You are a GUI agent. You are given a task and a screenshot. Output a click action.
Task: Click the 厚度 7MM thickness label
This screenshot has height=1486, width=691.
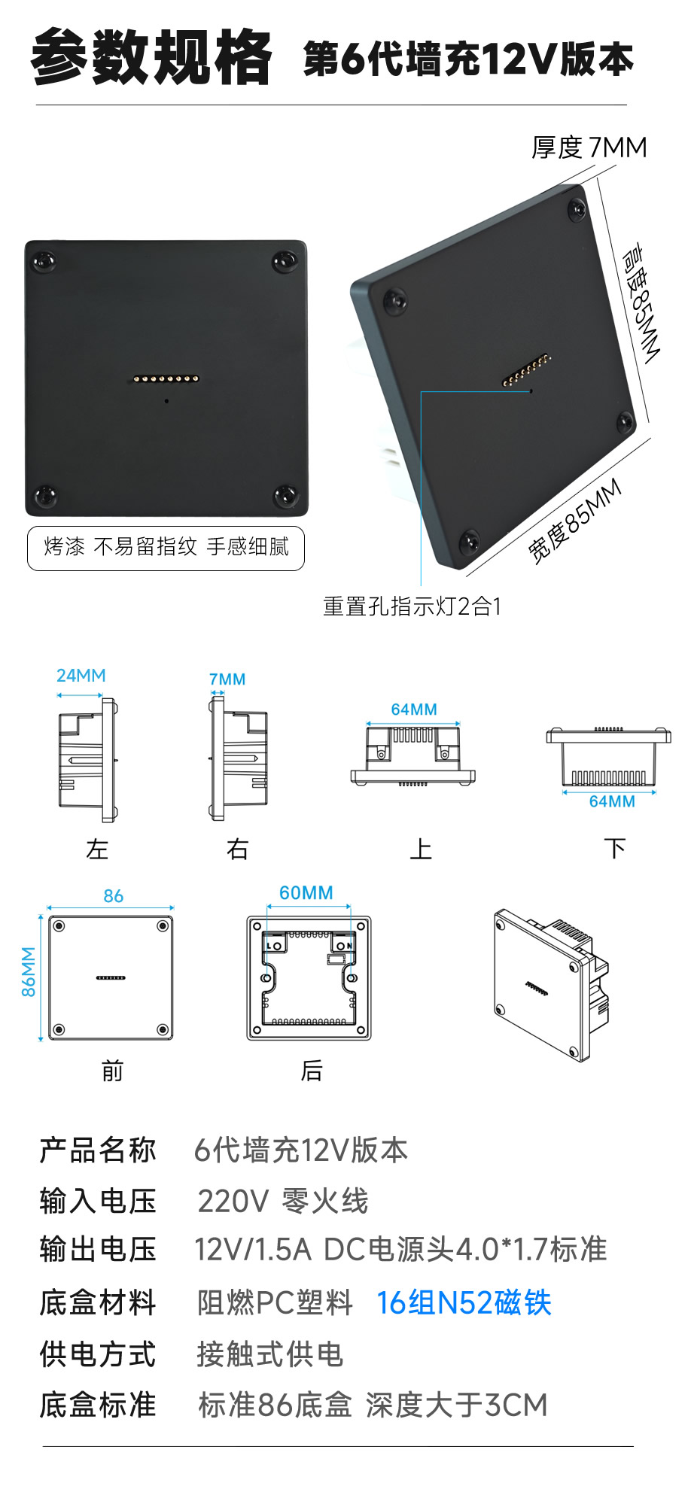tap(589, 147)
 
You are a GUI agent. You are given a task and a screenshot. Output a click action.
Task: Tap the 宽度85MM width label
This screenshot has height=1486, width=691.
tap(574, 521)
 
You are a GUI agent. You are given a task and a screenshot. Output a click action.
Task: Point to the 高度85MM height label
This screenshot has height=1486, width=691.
tap(641, 302)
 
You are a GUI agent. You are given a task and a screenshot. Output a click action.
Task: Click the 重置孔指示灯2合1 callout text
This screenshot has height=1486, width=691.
tap(412, 606)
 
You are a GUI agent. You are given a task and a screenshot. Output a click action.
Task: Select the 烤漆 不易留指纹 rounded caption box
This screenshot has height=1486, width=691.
tap(166, 547)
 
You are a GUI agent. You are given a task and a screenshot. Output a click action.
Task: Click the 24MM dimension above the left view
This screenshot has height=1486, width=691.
tap(81, 675)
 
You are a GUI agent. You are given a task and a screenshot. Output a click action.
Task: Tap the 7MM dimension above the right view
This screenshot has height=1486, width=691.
tap(227, 679)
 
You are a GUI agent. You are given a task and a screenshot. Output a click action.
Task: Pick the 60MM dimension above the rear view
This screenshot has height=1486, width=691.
tap(306, 892)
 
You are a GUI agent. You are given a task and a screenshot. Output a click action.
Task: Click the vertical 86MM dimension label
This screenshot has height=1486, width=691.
tap(29, 971)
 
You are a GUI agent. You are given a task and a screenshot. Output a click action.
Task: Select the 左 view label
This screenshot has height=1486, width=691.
tap(97, 849)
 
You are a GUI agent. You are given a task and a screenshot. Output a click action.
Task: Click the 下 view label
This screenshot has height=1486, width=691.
tap(615, 849)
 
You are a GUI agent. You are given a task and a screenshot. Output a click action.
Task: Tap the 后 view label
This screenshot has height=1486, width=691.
tap(312, 1070)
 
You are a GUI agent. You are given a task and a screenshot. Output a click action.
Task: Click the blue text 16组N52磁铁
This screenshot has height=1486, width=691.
tap(464, 1302)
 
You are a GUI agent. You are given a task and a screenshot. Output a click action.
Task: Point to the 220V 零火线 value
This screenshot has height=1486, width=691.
tap(283, 1201)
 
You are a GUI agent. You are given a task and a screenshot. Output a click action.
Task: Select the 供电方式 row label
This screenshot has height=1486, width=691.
tap(98, 1354)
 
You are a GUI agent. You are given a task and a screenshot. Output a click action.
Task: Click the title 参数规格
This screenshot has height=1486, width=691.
tap(151, 57)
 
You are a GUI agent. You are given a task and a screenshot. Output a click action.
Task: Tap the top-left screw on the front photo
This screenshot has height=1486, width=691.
tap(44, 262)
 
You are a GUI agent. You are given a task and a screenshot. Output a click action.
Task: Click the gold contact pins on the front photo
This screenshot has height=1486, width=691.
tap(166, 378)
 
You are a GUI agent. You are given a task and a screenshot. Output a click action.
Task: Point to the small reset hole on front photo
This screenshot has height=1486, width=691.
tap(166, 400)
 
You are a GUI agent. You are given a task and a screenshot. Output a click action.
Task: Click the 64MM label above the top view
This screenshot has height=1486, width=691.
tap(414, 709)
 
